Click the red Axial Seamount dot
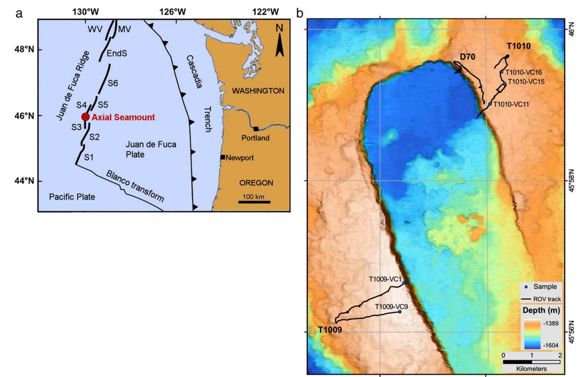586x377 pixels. tap(85, 117)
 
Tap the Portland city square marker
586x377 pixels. tap(256, 129)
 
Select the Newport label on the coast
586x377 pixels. tap(239, 158)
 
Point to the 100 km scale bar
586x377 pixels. tap(254, 202)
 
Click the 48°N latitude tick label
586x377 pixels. tap(24, 50)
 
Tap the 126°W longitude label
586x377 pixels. tap(172, 12)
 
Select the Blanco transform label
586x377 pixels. tap(135, 186)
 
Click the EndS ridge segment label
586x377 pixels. tap(117, 54)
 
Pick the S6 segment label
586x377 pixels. tap(113, 83)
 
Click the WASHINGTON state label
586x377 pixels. tap(258, 91)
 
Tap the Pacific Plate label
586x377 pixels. tap(72, 197)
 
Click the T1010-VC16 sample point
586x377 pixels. tap(501, 72)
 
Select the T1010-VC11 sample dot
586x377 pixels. tap(490, 104)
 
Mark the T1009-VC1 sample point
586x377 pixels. tap(404, 283)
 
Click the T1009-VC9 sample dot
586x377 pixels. tap(400, 312)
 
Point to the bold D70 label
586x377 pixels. tap(468, 57)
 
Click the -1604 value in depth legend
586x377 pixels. tap(551, 345)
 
